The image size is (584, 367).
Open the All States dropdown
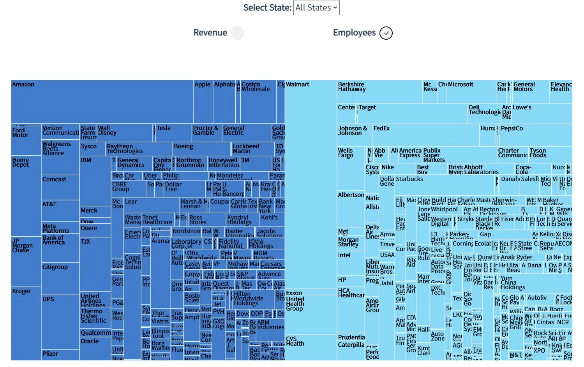(x=316, y=8)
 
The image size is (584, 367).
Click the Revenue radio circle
(x=237, y=33)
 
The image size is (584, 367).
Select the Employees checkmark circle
(x=386, y=33)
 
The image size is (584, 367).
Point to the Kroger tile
(x=26, y=323)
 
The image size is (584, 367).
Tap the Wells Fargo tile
(x=351, y=167)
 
